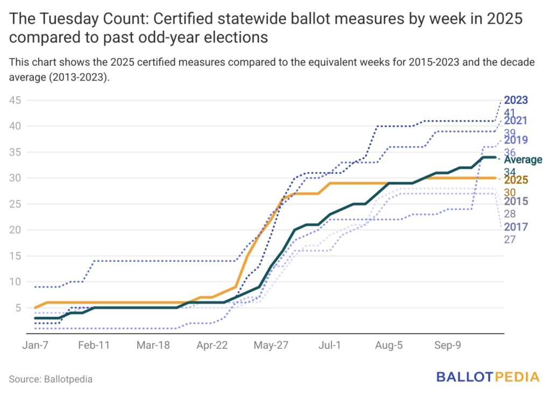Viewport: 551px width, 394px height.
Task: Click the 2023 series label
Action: coord(516,101)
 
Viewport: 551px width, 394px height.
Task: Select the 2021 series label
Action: coord(516,121)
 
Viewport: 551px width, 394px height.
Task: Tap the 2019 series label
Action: coord(516,141)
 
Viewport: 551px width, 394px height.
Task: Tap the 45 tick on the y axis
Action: coord(15,101)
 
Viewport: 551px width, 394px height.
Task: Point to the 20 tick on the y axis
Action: coord(15,230)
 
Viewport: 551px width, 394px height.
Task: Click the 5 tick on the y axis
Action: coord(18,307)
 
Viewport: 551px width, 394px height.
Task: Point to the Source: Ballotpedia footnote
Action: coord(51,379)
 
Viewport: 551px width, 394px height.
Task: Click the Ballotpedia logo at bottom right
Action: coord(488,377)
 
